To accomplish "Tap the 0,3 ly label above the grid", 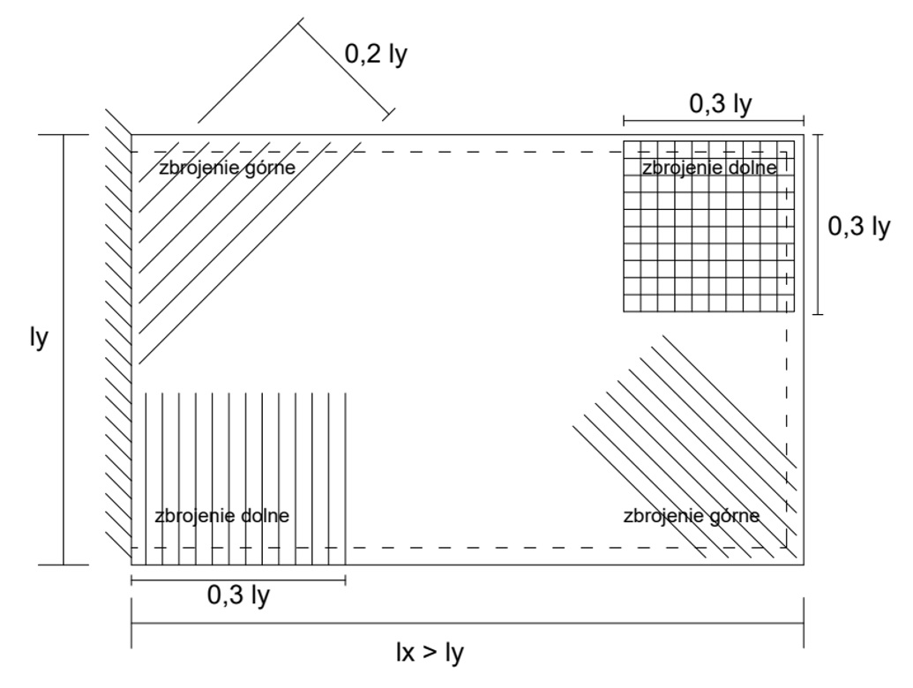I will click(x=720, y=104).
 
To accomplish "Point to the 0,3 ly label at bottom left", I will click(x=238, y=595).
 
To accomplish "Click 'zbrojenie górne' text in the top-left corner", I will click(x=226, y=167).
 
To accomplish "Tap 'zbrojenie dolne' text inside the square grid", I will click(x=709, y=167).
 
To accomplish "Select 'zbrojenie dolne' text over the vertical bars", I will click(x=221, y=515).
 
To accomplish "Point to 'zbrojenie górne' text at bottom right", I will click(x=691, y=515).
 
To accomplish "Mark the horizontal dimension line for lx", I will click(x=468, y=624).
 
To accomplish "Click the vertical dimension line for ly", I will click(x=64, y=349).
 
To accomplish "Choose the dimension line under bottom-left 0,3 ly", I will click(x=238, y=580).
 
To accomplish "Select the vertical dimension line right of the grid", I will click(x=819, y=224).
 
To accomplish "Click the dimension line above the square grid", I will click(x=714, y=121).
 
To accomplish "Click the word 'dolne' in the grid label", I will click(x=752, y=167).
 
